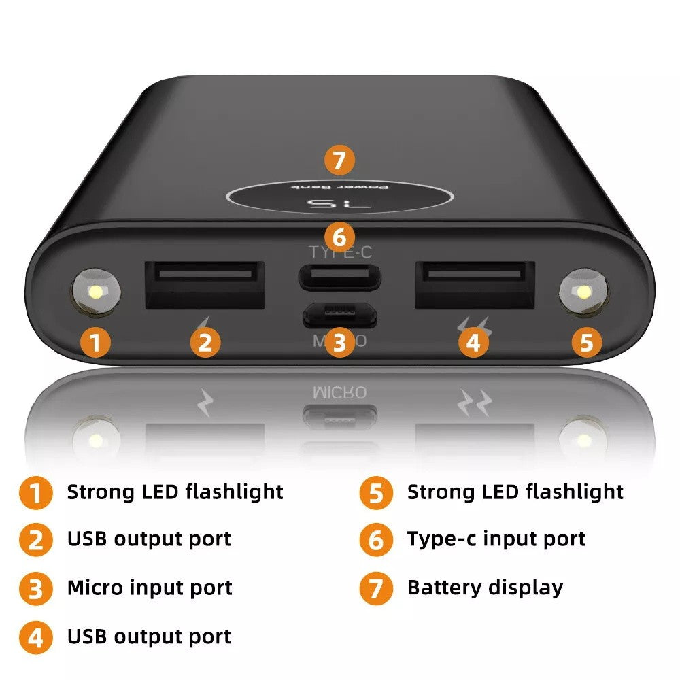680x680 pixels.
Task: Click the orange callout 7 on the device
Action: [339, 162]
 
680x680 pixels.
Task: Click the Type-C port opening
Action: [339, 277]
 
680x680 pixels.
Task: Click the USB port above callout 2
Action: [205, 284]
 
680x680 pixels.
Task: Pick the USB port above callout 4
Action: [475, 284]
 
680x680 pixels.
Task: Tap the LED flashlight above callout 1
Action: [97, 293]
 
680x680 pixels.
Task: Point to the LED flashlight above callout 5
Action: [583, 293]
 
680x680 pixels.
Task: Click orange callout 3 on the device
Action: [339, 342]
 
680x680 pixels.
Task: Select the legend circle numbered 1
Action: [35, 493]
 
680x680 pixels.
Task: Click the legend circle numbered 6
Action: [376, 541]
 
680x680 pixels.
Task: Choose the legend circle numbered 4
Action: [35, 638]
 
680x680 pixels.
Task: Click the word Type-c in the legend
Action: [440, 539]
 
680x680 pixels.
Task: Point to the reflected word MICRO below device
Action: [339, 392]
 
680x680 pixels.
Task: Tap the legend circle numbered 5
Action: [376, 493]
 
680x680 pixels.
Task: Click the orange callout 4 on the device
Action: [473, 342]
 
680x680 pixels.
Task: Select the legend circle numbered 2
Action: [35, 541]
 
